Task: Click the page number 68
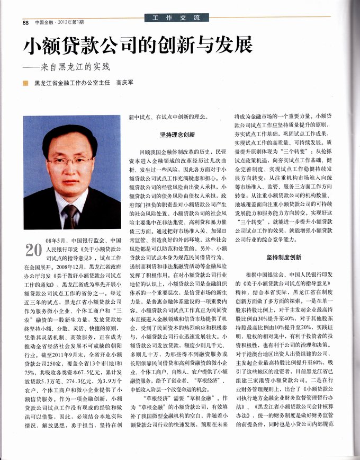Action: pyautogui.click(x=25, y=22)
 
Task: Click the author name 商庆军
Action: pyautogui.click(x=125, y=83)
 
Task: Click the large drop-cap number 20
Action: pyautogui.click(x=34, y=249)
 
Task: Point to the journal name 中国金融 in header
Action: pyautogui.click(x=44, y=22)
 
